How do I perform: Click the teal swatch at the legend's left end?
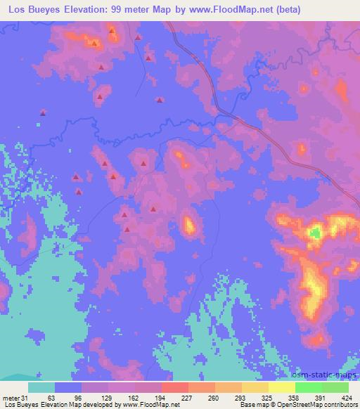[41, 387]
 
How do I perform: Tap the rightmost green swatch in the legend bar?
[335, 387]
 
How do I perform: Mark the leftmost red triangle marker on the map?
[44, 112]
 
